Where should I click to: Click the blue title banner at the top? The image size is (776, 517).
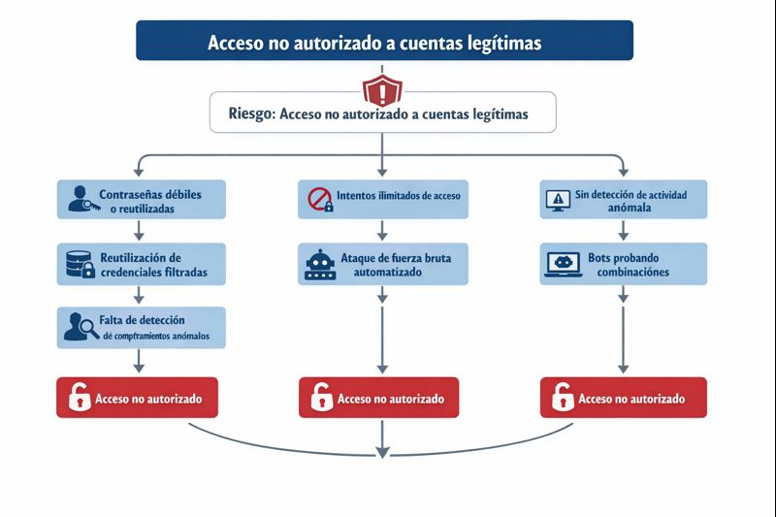pyautogui.click(x=384, y=41)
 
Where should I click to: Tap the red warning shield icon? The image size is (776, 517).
pyautogui.click(x=382, y=92)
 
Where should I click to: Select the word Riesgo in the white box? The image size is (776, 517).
pyautogui.click(x=250, y=113)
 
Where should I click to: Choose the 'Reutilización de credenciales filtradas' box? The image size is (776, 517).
pyautogui.click(x=142, y=264)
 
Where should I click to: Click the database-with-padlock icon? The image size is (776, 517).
pyautogui.click(x=78, y=264)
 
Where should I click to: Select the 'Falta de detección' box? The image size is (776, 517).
pyautogui.click(x=142, y=328)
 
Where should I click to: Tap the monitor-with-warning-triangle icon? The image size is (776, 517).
pyautogui.click(x=559, y=199)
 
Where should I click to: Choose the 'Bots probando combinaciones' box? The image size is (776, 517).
pyautogui.click(x=623, y=264)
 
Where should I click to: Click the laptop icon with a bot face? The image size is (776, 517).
pyautogui.click(x=564, y=264)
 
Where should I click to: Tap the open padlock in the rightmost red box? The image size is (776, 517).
pyautogui.click(x=561, y=398)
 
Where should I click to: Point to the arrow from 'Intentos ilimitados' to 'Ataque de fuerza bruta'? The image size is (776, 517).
pyautogui.click(x=382, y=230)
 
